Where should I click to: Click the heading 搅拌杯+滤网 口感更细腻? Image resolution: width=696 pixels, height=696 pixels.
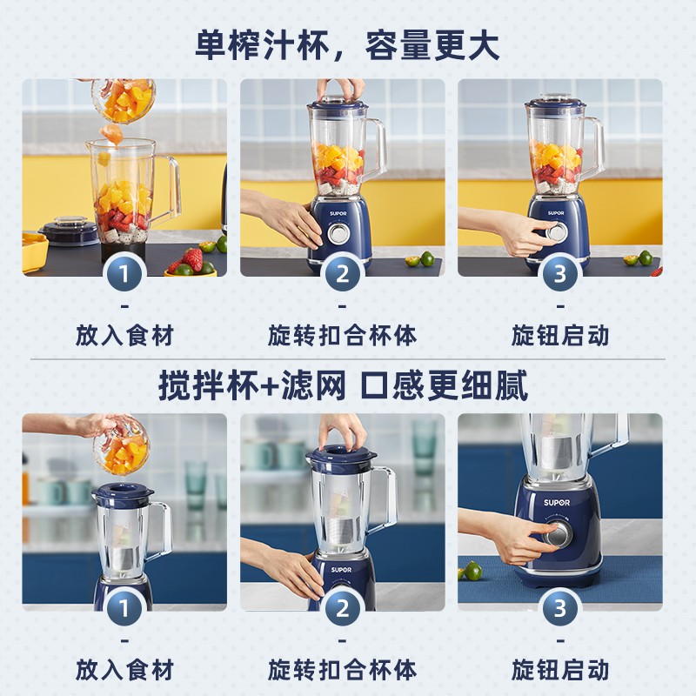343,385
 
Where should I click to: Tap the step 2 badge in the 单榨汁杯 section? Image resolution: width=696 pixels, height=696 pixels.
342,274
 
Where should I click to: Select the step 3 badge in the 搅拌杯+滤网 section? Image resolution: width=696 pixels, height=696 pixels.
559,608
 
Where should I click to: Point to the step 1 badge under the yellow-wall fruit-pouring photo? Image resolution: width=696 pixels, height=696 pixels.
124,274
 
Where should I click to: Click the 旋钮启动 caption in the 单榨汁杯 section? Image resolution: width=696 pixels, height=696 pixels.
559,335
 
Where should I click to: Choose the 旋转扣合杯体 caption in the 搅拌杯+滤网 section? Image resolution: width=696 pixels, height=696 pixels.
342,669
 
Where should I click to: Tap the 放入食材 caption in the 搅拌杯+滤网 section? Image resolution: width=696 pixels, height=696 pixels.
124,669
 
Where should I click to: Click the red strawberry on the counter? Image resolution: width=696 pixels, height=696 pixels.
192,258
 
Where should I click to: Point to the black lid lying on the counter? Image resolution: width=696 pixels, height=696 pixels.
69,231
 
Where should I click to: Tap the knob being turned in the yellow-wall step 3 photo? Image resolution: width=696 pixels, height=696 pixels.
551,232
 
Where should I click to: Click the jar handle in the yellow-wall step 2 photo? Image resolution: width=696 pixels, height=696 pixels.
377,148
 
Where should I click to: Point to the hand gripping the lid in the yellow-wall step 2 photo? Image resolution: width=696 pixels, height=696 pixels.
340,89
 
